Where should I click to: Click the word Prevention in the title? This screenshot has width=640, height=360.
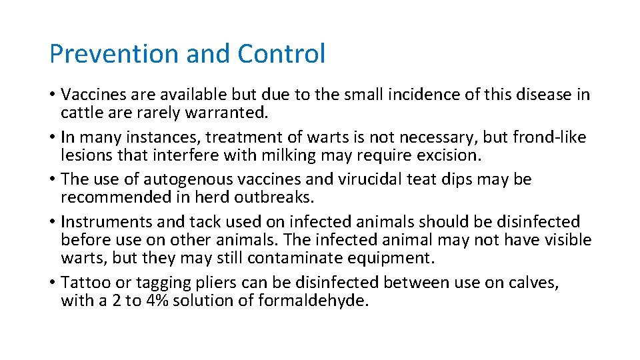[114, 53]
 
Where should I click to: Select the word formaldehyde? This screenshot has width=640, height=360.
[311, 301]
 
